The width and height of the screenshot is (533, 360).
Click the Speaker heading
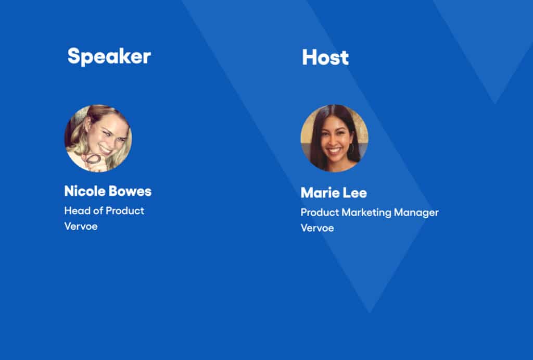click(x=109, y=56)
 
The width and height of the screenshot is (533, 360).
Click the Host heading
click(x=325, y=57)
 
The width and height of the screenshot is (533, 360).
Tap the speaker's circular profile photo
click(x=98, y=138)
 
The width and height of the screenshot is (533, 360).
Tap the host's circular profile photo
click(x=335, y=138)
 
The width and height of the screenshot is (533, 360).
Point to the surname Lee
click(x=354, y=193)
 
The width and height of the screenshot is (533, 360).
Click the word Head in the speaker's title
click(x=77, y=210)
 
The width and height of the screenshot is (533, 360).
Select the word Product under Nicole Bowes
click(x=125, y=210)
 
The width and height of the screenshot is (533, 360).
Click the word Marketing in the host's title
click(x=366, y=213)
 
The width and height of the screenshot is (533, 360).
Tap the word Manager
click(x=416, y=213)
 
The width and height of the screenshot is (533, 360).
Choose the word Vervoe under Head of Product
click(x=81, y=226)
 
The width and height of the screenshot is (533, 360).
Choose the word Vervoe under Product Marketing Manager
click(x=317, y=228)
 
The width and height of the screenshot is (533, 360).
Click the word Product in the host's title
click(x=320, y=213)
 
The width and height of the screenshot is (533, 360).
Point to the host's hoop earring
click(x=352, y=148)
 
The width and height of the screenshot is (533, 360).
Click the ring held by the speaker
click(x=93, y=158)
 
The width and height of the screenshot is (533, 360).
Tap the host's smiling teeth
click(x=334, y=150)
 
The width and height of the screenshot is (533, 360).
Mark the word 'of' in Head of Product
click(x=98, y=210)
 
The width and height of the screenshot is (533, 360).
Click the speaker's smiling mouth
click(x=105, y=150)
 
